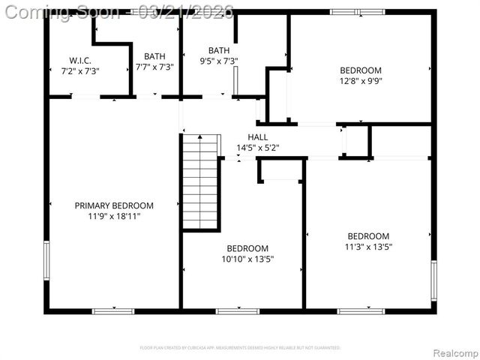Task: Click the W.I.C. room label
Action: click(80, 59)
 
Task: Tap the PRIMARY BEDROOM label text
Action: click(114, 205)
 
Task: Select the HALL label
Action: click(258, 137)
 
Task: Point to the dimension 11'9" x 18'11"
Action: click(114, 216)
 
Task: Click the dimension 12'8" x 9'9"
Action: click(361, 81)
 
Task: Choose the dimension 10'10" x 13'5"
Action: click(247, 259)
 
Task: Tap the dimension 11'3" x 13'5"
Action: click(368, 246)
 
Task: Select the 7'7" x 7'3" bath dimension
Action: click(154, 67)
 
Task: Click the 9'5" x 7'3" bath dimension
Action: click(219, 61)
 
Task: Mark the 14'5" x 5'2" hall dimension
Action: click(258, 148)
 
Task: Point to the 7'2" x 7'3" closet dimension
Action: click(80, 70)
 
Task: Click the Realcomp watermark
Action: click(452, 352)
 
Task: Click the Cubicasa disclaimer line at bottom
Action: click(240, 348)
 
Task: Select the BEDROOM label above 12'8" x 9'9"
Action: click(361, 70)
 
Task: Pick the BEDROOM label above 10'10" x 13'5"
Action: click(247, 249)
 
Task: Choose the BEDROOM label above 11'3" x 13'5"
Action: click(368, 235)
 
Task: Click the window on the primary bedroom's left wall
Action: click(46, 261)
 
